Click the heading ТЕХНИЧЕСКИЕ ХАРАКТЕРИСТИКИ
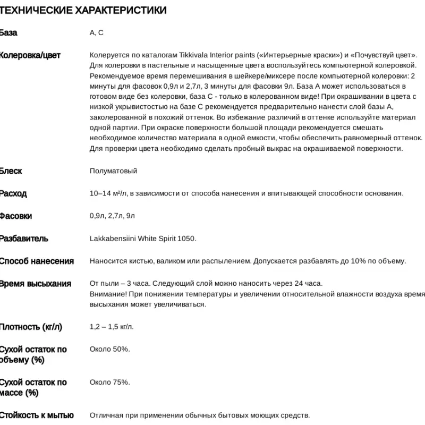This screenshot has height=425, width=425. tap(83, 11)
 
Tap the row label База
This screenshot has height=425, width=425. tap(8, 33)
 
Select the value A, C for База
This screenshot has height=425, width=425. tap(96, 33)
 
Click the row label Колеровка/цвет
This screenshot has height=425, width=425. tap(30, 55)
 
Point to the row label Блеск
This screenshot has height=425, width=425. tap(11, 171)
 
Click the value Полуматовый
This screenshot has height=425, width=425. tap(113, 171)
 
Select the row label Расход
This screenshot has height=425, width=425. tap(13, 193)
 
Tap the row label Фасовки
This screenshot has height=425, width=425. tap(16, 216)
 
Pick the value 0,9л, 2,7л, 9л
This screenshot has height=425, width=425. tap(112, 216)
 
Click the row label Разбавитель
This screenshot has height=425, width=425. tap(24, 239)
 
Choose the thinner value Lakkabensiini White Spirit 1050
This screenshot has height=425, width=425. tap(143, 239)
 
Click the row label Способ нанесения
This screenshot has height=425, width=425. tap(37, 261)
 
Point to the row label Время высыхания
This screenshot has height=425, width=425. tap(35, 284)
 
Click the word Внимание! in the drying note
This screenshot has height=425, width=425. tap(108, 294)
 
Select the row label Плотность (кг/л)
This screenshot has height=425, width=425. tap(31, 327)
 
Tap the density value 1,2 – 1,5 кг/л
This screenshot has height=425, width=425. tap(112, 327)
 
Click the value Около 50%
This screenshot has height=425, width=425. tap(109, 349)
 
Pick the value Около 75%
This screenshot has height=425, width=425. tap(109, 382)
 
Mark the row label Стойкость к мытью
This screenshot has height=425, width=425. tap(37, 415)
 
